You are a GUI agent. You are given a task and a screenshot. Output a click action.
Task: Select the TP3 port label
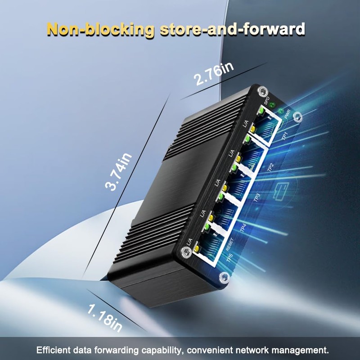pyautogui.click(x=257, y=197)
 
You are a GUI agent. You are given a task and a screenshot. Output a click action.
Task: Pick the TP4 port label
pyautogui.click(x=243, y=227)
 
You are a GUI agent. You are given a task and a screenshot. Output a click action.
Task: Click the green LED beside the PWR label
pyautogui.click(x=281, y=111)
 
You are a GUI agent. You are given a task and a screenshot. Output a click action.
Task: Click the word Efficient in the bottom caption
pyautogui.click(x=54, y=350)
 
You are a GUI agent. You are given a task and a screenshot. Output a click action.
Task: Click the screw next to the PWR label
pyautogui.click(x=297, y=118)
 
